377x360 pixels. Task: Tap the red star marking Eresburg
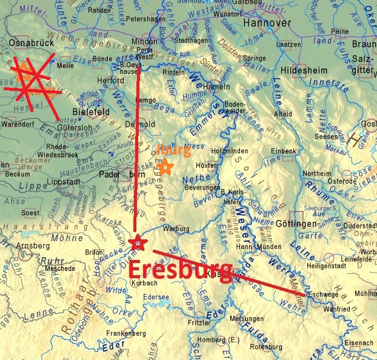pos(138,242)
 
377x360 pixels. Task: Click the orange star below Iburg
pos(164,165)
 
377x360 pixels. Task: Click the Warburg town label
pos(176,229)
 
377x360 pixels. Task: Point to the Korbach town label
pos(142,283)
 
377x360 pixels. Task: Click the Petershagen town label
pos(145,19)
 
